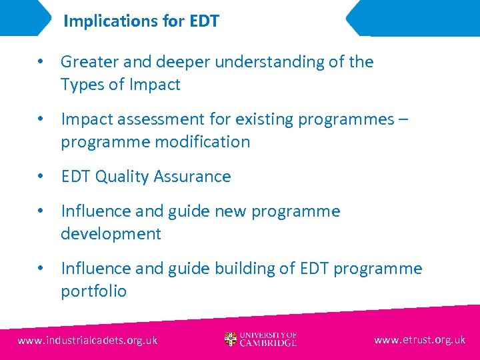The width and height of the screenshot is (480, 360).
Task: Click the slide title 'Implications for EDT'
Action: (141, 21)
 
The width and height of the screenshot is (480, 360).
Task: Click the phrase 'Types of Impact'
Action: (120, 85)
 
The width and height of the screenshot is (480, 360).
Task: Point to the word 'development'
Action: (111, 234)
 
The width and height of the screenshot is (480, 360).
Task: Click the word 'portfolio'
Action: (93, 291)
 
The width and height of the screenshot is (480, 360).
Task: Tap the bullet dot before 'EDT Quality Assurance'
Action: (41, 177)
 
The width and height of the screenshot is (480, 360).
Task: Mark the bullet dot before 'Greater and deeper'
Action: (41, 62)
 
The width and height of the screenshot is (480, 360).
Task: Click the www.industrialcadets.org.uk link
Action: (87, 340)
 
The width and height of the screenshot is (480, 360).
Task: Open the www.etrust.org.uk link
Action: (419, 339)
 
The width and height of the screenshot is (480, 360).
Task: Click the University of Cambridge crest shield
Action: (231, 339)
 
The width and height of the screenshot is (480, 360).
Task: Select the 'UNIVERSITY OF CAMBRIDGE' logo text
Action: (269, 339)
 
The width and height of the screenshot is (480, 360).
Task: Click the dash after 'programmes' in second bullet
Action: (404, 120)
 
